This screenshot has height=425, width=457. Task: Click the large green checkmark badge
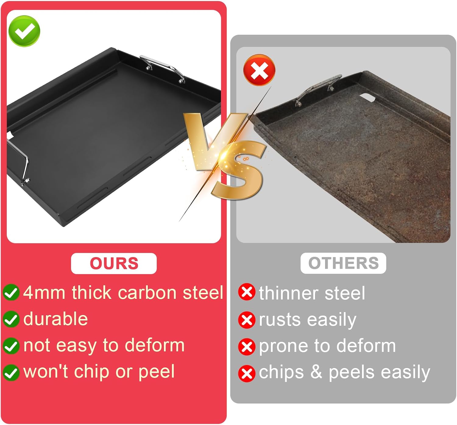24,31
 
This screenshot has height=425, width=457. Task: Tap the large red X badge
259,70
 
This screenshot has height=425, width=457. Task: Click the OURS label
114,263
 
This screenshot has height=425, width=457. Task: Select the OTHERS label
343,263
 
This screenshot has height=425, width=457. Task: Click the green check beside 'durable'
11,319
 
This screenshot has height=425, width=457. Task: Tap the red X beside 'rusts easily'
247,320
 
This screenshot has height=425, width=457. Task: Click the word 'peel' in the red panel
157,372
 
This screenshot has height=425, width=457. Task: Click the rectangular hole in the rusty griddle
368,97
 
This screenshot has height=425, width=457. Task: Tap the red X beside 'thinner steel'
247,292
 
